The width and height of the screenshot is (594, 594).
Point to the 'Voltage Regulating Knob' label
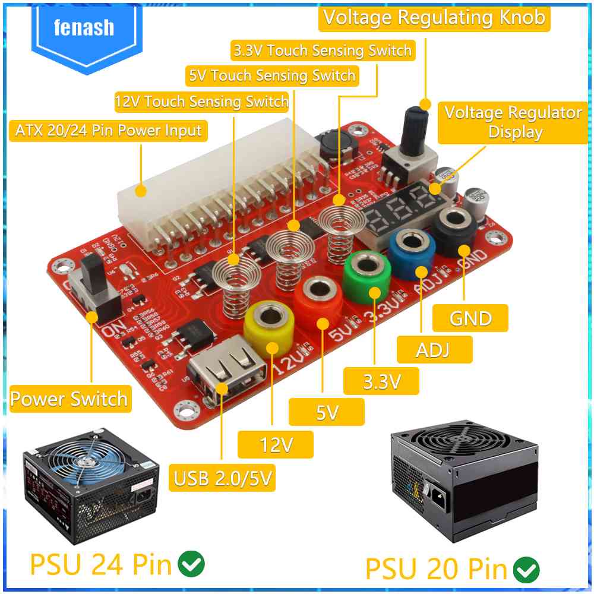click(434, 17)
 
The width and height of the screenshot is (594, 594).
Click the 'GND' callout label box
click(470, 318)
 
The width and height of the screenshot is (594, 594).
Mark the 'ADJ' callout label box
click(433, 349)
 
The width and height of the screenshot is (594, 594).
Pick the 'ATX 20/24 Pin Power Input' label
click(108, 131)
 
